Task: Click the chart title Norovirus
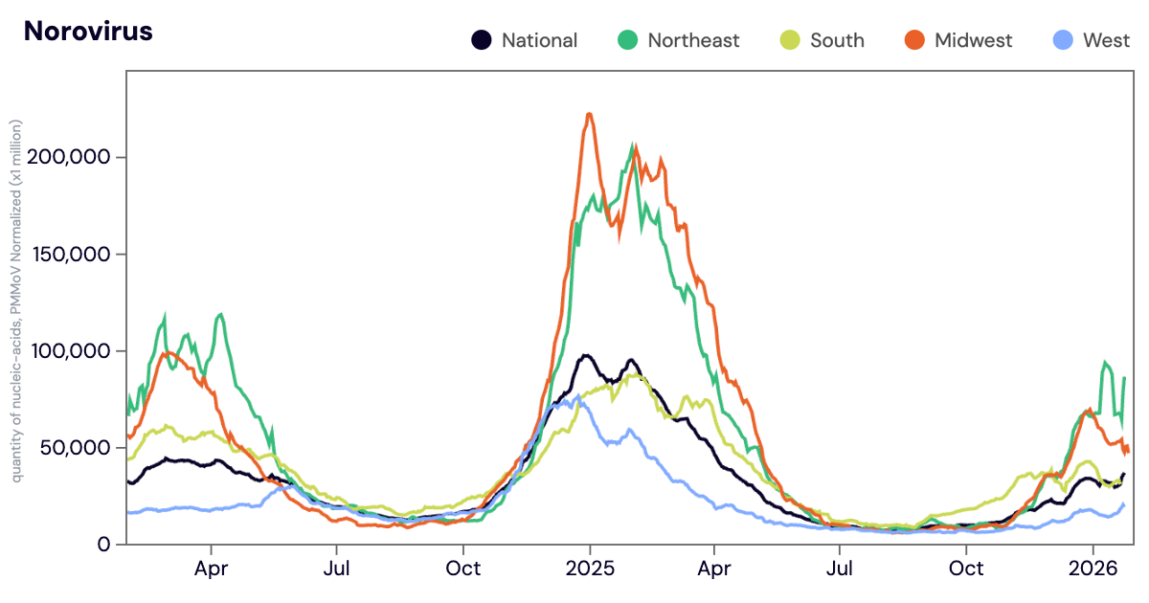(88, 31)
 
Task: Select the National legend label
(539, 40)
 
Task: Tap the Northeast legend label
(693, 40)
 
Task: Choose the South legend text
(837, 40)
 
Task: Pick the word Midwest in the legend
(973, 40)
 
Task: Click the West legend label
(1107, 40)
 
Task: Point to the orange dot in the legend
(914, 40)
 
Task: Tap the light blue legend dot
(1062, 40)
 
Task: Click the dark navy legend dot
(482, 40)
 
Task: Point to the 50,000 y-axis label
(78, 448)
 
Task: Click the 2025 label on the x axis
(589, 568)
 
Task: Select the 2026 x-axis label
(1093, 568)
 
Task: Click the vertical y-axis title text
(16, 301)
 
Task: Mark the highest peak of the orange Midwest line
(589, 114)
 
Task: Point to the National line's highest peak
(585, 356)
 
